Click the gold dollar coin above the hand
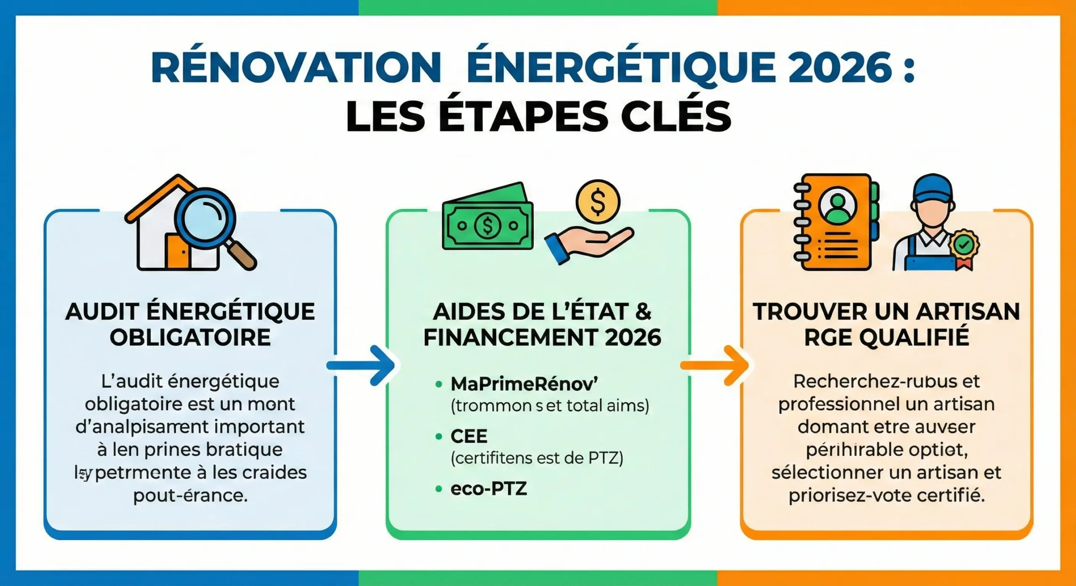[598, 202]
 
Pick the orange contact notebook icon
[836, 222]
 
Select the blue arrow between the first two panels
[361, 365]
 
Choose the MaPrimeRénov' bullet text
[524, 383]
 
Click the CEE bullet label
[469, 437]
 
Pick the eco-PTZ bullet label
[488, 489]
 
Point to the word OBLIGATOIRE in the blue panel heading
[190, 338]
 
